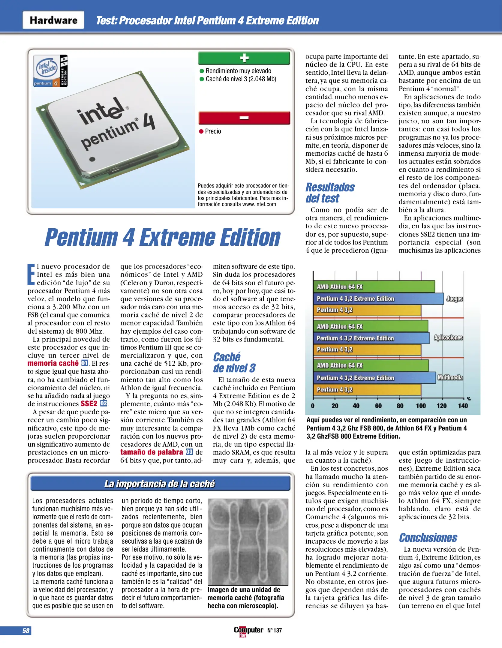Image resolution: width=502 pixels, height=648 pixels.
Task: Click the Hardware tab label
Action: pyautogui.click(x=53, y=20)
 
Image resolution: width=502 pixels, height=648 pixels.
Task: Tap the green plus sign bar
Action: pyautogui.click(x=244, y=58)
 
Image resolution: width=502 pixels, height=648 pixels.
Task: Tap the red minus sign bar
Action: pyautogui.click(x=244, y=118)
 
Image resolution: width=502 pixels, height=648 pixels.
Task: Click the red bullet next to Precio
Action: pyautogui.click(x=201, y=131)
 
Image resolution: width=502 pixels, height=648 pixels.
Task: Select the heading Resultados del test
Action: pyautogui.click(x=330, y=193)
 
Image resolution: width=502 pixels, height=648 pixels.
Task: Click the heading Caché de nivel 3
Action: pyautogui.click(x=234, y=362)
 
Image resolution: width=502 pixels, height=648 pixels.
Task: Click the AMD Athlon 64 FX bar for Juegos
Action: pyautogui.click(x=374, y=286)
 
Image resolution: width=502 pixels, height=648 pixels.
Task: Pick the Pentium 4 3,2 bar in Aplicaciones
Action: pyautogui.click(x=367, y=349)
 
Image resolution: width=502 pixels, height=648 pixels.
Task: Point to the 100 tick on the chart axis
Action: pyautogui.click(x=421, y=406)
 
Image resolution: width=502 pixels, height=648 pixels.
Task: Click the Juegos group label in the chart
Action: pyautogui.click(x=454, y=298)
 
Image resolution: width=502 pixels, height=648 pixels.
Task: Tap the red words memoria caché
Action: pyautogui.click(x=53, y=363)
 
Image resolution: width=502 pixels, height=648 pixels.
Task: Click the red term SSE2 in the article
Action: pyautogui.click(x=89, y=403)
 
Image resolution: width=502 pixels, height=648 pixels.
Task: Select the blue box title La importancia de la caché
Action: pyautogui.click(x=160, y=484)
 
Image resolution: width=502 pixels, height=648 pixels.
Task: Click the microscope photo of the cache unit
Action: pyautogui.click(x=248, y=542)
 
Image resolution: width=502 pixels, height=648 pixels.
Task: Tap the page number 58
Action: pyautogui.click(x=26, y=631)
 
